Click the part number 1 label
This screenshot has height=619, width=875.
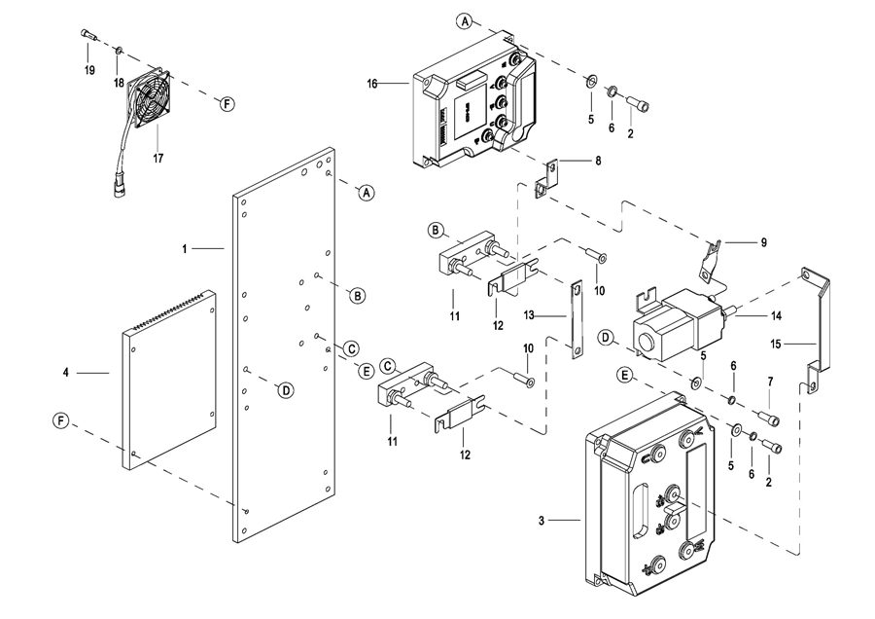pyautogui.click(x=185, y=248)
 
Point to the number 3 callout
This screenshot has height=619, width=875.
pyautogui.click(x=542, y=521)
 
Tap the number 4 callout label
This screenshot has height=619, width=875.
pyautogui.click(x=66, y=372)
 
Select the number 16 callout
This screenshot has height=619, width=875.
pyautogui.click(x=372, y=84)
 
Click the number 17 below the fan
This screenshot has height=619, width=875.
pyautogui.click(x=158, y=159)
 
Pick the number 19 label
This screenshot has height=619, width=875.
pyautogui.click(x=89, y=70)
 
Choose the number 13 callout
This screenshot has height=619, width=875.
pyautogui.click(x=529, y=315)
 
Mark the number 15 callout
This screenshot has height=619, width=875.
pyautogui.click(x=776, y=345)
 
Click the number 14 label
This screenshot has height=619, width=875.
pyautogui.click(x=776, y=316)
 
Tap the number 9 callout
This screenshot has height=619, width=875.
pyautogui.click(x=764, y=242)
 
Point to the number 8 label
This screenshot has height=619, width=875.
pyautogui.click(x=598, y=161)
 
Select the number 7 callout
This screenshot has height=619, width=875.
pyautogui.click(x=770, y=382)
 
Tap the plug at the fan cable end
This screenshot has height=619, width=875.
pyautogui.click(x=119, y=186)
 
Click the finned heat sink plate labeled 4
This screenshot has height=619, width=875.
pyautogui.click(x=169, y=380)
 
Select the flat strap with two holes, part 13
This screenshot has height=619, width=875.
pyautogui.click(x=577, y=319)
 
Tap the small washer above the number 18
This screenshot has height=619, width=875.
pyautogui.click(x=119, y=51)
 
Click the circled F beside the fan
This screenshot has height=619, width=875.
pyautogui.click(x=227, y=103)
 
